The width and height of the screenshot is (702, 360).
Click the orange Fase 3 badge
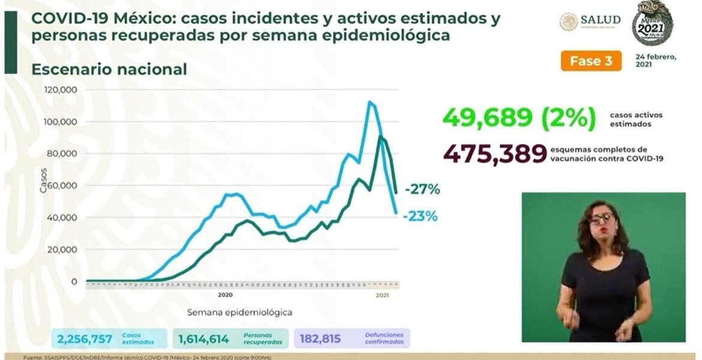click(x=590, y=61)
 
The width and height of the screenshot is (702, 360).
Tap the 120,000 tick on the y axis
click(x=61, y=90)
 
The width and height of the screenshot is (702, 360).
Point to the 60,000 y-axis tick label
click(x=62, y=185)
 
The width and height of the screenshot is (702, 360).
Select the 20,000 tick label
click(x=62, y=250)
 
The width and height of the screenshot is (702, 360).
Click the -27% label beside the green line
click(x=422, y=190)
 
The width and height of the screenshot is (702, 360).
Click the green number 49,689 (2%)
click(x=518, y=118)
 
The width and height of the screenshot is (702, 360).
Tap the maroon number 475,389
click(x=495, y=154)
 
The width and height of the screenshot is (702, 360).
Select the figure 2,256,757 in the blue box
click(x=85, y=339)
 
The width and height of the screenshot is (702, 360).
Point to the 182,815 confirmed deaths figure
click(x=320, y=339)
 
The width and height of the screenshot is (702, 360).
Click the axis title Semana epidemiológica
click(x=239, y=313)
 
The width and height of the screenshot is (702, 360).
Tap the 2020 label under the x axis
click(x=225, y=295)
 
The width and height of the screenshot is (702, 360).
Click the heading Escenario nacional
click(x=109, y=70)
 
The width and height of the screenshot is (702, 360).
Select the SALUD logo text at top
click(x=600, y=21)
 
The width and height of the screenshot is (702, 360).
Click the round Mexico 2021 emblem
click(x=652, y=23)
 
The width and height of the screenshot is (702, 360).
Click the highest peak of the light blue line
click(x=369, y=102)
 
